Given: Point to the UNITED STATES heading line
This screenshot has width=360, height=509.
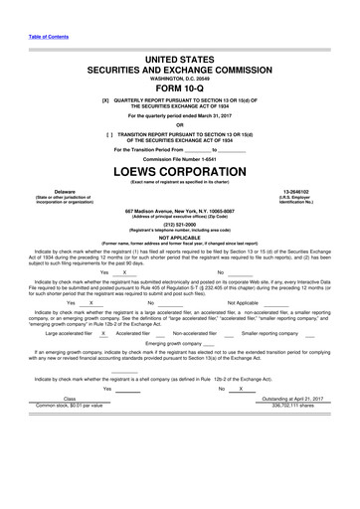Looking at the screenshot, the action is click(x=180, y=33).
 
